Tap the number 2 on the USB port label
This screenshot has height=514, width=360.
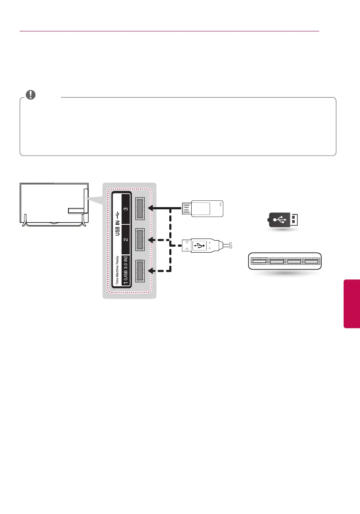tap(126, 240)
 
